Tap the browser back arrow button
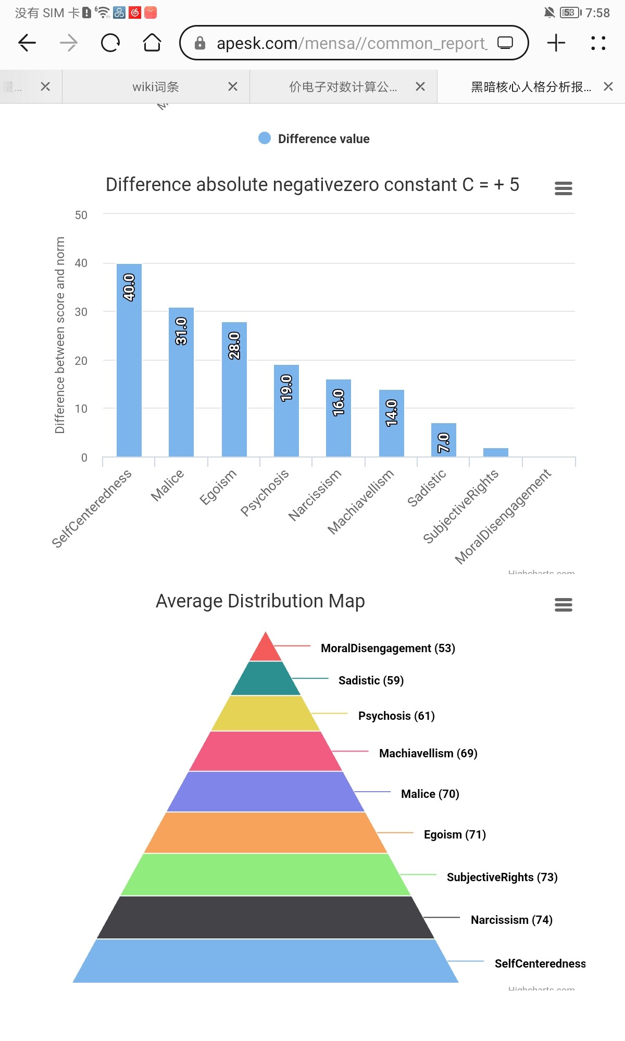pos(27,43)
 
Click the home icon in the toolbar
pos(152,43)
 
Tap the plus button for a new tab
pos(556,43)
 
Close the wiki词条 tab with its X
pos(233,87)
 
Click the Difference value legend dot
pos(265,138)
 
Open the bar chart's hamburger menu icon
pos(563,188)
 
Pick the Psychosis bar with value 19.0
pos(286,411)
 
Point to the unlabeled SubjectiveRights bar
pos(496,452)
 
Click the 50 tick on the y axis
pos(81,215)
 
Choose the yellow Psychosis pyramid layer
pos(266,713)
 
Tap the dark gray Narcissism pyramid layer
pos(266,917)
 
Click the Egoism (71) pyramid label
pos(455,834)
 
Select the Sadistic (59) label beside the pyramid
pos(371,680)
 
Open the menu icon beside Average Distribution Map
pos(563,604)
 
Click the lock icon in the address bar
pos(200,43)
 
